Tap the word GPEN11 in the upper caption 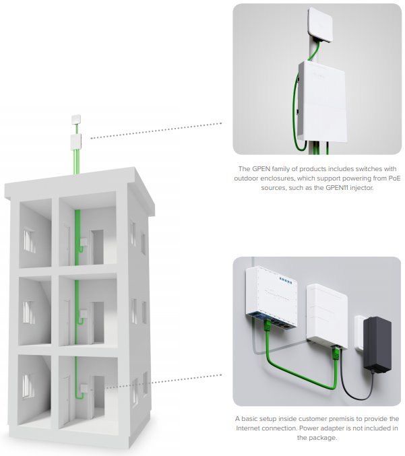337,187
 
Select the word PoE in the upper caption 394,178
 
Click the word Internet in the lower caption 248,428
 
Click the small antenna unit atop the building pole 76,119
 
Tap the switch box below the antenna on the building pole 76,142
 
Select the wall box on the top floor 84,242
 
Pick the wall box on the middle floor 84,315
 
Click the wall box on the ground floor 84,389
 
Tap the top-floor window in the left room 29,240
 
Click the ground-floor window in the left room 28,386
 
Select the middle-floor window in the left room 29,313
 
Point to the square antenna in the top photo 319,25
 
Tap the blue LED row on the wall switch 286,281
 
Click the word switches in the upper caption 367,168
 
